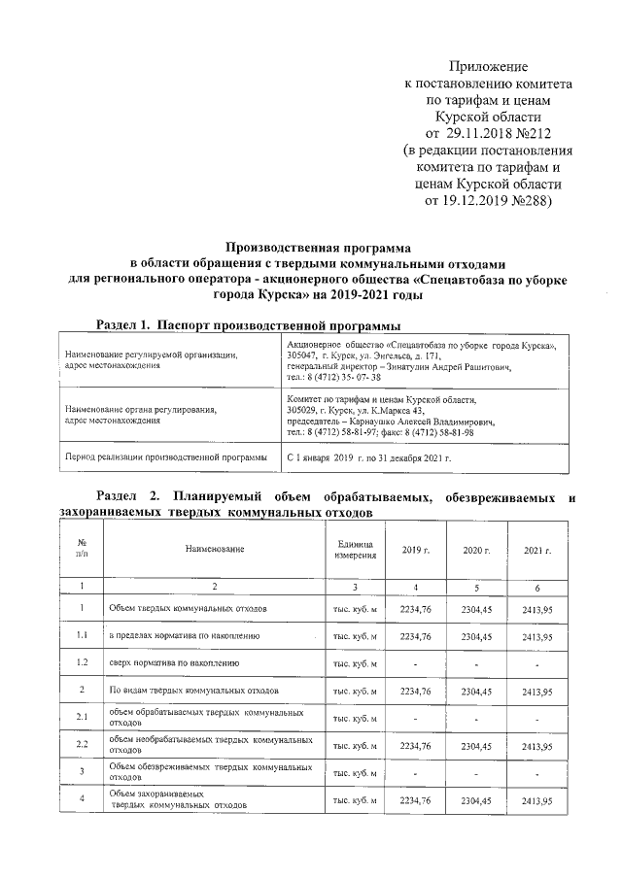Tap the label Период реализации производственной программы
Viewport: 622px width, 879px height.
click(x=165, y=456)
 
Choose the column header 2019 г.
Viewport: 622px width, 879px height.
click(x=415, y=550)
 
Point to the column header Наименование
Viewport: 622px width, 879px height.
click(x=216, y=550)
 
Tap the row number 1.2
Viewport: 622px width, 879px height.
click(x=83, y=662)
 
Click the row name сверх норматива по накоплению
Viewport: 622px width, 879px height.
click(x=172, y=662)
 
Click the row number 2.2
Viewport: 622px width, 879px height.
click(x=83, y=745)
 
